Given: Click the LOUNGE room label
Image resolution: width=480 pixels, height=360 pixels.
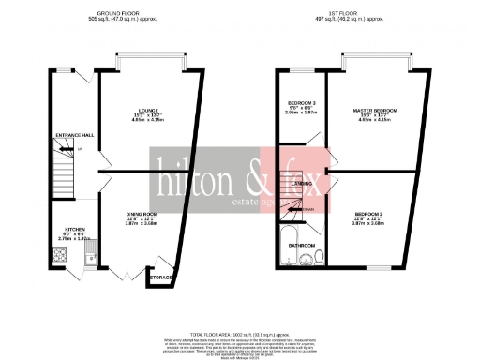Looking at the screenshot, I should (144, 110).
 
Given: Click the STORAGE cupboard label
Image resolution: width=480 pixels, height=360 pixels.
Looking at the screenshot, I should (161, 278).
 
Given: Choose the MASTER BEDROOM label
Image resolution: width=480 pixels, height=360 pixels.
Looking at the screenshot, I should (375, 111).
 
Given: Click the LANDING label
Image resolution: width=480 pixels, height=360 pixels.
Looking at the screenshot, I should (302, 184).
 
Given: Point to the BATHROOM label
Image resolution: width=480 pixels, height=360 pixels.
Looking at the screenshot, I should (301, 245).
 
